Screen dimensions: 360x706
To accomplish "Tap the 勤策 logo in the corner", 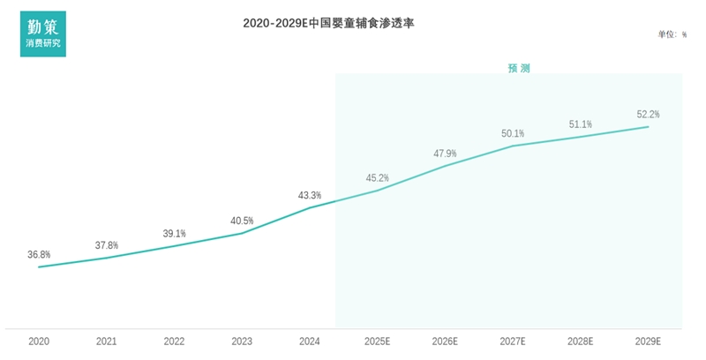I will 43,34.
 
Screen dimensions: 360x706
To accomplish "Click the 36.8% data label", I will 39,254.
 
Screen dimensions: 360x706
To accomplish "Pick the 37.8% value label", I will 107,245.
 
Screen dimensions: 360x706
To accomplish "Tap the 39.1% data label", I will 174,234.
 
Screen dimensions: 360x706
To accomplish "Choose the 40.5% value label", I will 242,221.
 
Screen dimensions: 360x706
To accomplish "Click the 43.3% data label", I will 310,195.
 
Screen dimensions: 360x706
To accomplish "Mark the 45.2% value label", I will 378,178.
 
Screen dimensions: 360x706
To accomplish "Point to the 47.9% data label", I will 445,154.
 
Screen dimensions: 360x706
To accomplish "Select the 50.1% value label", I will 513,133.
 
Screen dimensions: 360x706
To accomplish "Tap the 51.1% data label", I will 581,124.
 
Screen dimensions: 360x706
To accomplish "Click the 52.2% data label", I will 649,114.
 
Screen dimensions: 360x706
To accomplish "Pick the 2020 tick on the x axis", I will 39,341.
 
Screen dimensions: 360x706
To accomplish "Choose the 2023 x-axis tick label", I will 242,341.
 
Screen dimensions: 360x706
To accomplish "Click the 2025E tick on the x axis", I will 378,341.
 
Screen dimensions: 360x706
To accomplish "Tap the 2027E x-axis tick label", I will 513,341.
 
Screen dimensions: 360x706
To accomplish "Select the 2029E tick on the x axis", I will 649,341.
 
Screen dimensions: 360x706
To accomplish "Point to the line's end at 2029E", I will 649,127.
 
